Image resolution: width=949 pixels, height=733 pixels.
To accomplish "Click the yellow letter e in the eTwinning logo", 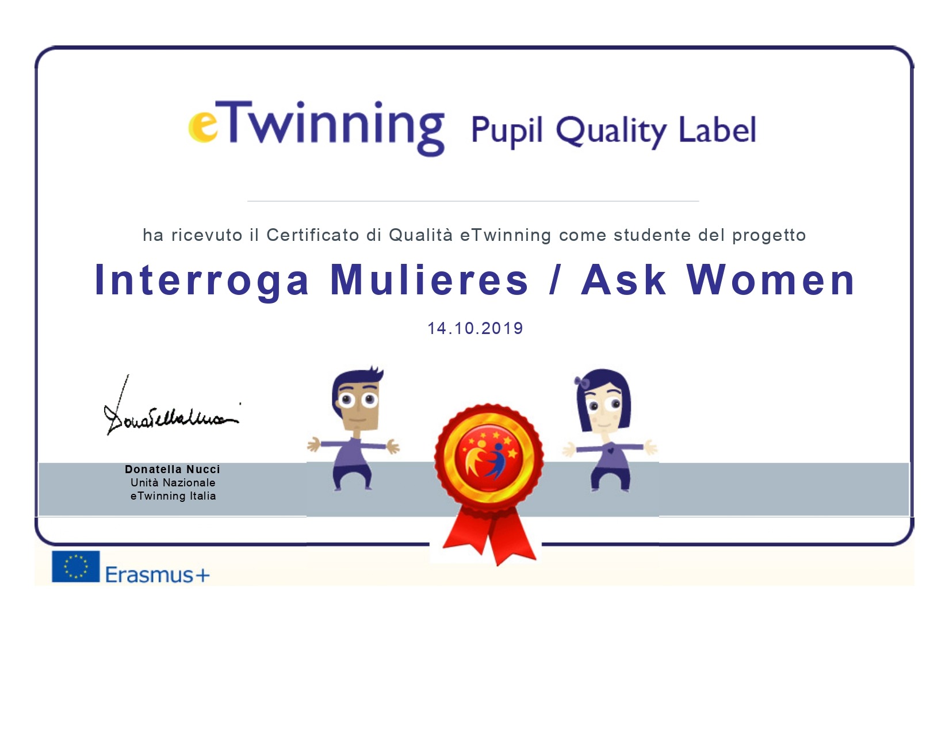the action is point(203,126).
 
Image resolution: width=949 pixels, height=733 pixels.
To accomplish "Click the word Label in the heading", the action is point(717,129).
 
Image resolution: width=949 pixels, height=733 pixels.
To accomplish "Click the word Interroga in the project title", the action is point(202,281).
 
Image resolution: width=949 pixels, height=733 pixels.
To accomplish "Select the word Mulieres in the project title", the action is point(429,280).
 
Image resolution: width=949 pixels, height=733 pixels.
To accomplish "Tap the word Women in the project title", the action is point(770,280).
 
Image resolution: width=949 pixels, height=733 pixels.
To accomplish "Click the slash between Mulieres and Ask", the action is point(554,280).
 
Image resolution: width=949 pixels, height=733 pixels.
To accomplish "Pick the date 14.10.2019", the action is point(475,328).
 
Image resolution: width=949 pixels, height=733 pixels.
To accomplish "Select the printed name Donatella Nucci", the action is point(173,469).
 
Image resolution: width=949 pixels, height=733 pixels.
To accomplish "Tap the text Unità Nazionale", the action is point(173,482).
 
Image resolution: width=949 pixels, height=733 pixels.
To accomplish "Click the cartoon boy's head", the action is point(357,398).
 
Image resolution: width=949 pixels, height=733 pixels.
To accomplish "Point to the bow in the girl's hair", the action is point(582,382).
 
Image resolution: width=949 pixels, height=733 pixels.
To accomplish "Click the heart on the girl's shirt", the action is point(611,449).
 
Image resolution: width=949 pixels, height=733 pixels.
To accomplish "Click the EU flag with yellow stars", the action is point(75,566).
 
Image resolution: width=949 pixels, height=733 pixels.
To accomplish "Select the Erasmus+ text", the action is point(157,574).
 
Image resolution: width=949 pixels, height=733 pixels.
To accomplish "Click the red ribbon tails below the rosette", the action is point(489,535).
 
